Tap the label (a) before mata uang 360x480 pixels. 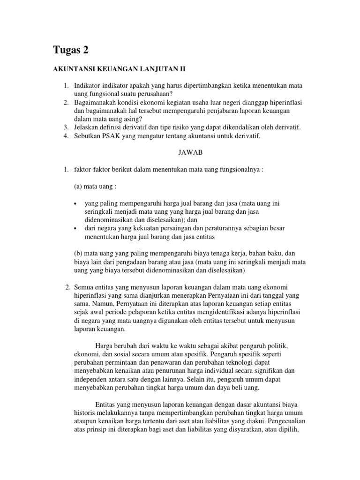click(x=79, y=186)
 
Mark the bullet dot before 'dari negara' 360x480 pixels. click(x=76, y=228)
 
